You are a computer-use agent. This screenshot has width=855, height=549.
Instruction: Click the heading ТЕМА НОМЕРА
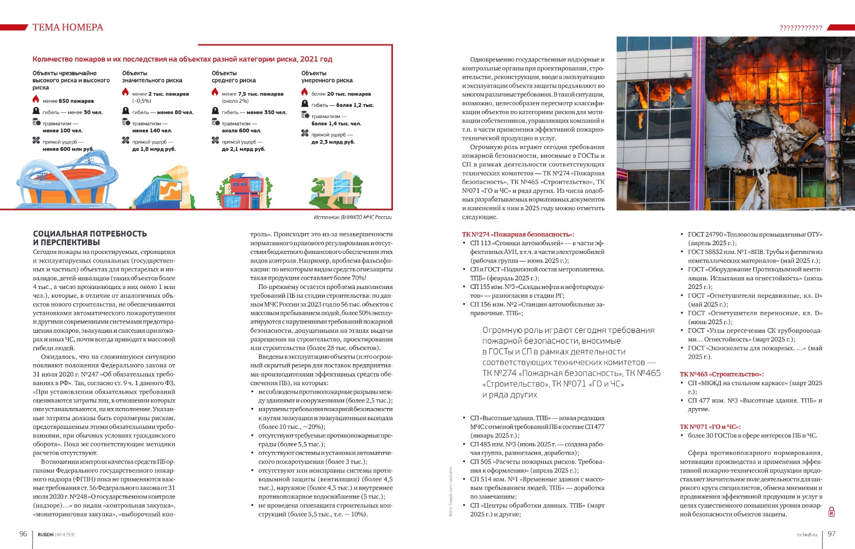(x=68, y=27)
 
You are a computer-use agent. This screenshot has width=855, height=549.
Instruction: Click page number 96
(x=23, y=534)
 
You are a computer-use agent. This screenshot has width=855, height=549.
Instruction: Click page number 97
(x=832, y=534)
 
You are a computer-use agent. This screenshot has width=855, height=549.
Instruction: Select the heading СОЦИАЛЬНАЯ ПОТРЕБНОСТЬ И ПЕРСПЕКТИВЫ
(x=90, y=238)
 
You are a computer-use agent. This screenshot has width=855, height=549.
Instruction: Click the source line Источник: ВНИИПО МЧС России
(x=353, y=217)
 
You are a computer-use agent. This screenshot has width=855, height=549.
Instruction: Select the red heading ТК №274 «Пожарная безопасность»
(x=518, y=234)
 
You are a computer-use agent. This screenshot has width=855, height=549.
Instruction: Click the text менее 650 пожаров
(x=68, y=101)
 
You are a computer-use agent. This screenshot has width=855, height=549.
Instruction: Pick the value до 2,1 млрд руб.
(x=243, y=149)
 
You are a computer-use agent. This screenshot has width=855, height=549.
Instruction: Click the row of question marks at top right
(x=801, y=28)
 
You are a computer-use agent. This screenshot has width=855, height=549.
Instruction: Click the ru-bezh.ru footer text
(x=807, y=534)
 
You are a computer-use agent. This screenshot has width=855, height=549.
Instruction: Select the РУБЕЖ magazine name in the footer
(x=45, y=535)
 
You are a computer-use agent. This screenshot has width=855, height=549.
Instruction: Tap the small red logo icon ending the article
(x=831, y=512)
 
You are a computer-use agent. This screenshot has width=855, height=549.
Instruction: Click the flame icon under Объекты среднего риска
(x=215, y=93)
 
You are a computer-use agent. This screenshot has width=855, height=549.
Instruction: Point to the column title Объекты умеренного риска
(x=327, y=77)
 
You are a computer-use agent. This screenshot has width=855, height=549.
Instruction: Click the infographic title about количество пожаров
(x=182, y=59)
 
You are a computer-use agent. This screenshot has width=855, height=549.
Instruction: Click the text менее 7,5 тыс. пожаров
(x=252, y=94)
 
